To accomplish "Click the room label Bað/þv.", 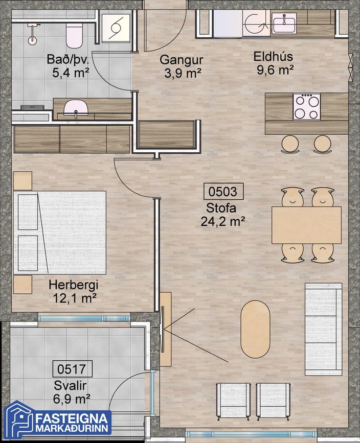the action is [68, 60].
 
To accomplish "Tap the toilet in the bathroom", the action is [74, 36].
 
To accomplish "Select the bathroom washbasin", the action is [75, 108].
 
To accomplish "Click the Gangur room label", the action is [181, 60].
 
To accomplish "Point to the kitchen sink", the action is [284, 23].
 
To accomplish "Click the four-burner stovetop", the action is [307, 107].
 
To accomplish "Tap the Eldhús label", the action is [273, 57].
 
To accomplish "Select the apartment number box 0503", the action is [223, 192].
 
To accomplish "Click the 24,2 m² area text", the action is [223, 221].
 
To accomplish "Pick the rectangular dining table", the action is [306, 225].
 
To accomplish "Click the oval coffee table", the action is [255, 329].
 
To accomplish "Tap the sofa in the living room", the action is [324, 329].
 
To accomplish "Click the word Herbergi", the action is [73, 285].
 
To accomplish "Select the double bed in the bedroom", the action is [60, 232].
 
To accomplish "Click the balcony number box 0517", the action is [73, 369].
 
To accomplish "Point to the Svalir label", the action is [70, 386].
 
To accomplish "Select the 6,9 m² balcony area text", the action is [72, 399].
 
